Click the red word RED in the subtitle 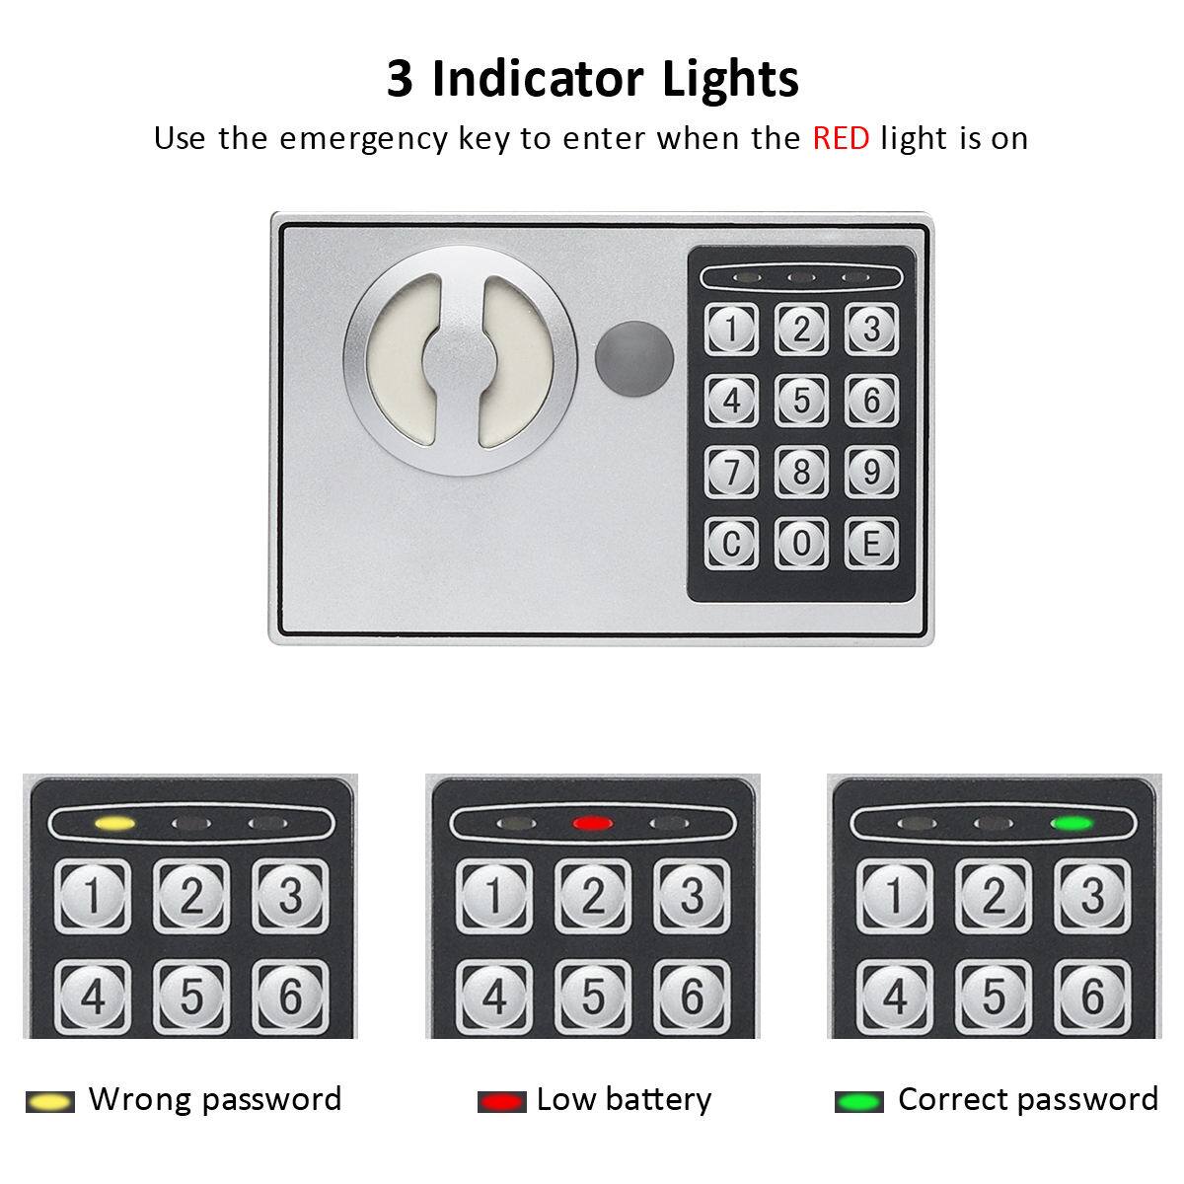tap(841, 138)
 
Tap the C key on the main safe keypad tap(731, 543)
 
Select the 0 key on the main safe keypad tap(801, 543)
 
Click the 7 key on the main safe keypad tap(731, 472)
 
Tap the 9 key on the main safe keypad tap(871, 472)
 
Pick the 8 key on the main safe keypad tap(801, 472)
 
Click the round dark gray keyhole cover tap(633, 352)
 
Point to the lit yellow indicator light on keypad tap(113, 822)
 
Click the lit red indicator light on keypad tap(592, 822)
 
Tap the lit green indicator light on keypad tap(1072, 822)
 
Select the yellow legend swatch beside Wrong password tap(49, 1101)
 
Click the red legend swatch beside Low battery tap(502, 1101)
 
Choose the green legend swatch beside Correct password tap(858, 1101)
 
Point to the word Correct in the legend tap(957, 1099)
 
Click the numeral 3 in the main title tap(400, 80)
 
